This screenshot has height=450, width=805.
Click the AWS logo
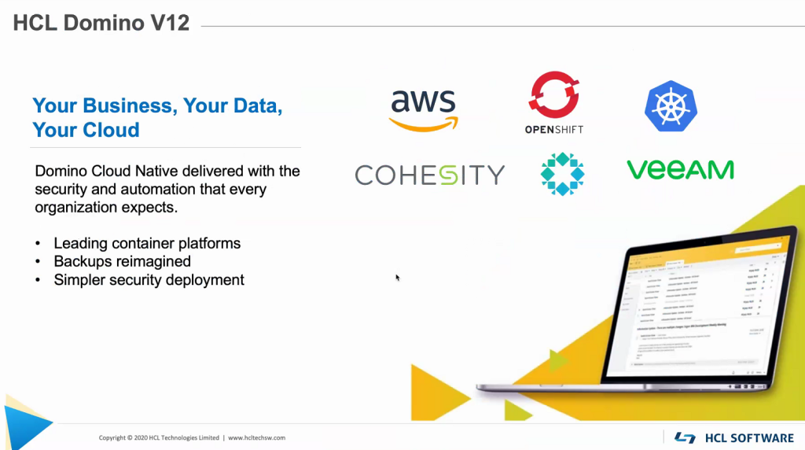424,109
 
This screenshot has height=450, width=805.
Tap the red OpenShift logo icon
553,95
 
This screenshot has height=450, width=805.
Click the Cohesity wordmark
429,174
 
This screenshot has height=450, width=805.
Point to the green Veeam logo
680,169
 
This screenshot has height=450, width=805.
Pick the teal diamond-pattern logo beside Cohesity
562,174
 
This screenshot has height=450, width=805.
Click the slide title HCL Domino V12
101,23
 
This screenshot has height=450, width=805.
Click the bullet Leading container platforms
147,243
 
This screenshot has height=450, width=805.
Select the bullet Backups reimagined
122,261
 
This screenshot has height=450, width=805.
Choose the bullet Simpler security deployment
149,279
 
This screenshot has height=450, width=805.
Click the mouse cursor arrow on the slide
398,277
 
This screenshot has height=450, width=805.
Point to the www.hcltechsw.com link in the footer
257,437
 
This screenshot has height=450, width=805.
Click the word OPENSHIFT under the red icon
553,129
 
